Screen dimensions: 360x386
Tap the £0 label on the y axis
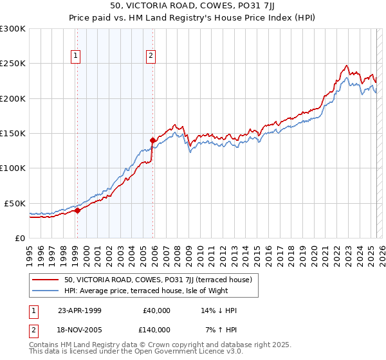pyautogui.click(x=19, y=238)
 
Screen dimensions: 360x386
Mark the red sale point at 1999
pyautogui.click(x=77, y=210)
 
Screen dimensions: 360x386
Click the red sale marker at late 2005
pyautogui.click(x=152, y=140)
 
